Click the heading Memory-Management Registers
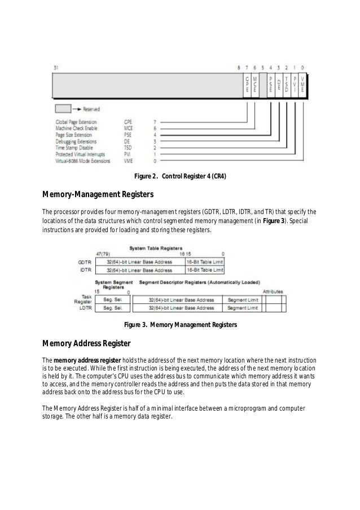click(98, 195)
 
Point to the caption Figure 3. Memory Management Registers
click(180, 325)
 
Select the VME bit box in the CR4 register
click(304, 85)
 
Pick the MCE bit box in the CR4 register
click(255, 85)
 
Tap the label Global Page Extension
click(76, 121)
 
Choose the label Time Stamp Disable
click(72, 147)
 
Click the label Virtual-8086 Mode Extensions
click(82, 160)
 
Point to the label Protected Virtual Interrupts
click(81, 154)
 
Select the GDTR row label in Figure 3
click(85, 262)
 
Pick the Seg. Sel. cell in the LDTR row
click(112, 308)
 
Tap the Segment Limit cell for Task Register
click(243, 300)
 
